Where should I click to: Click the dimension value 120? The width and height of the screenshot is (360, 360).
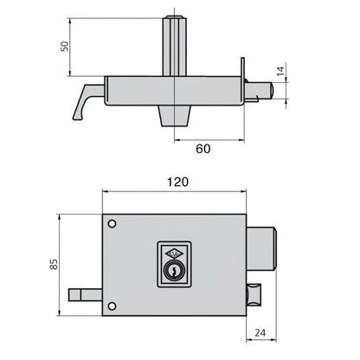pos(179,183)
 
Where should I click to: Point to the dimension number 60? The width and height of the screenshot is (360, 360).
pos(202,149)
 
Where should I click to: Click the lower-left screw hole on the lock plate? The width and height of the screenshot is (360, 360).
pos(111,305)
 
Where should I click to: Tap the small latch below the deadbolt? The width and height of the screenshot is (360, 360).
pos(253,295)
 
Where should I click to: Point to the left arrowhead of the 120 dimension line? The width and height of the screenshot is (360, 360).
pos(106,196)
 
